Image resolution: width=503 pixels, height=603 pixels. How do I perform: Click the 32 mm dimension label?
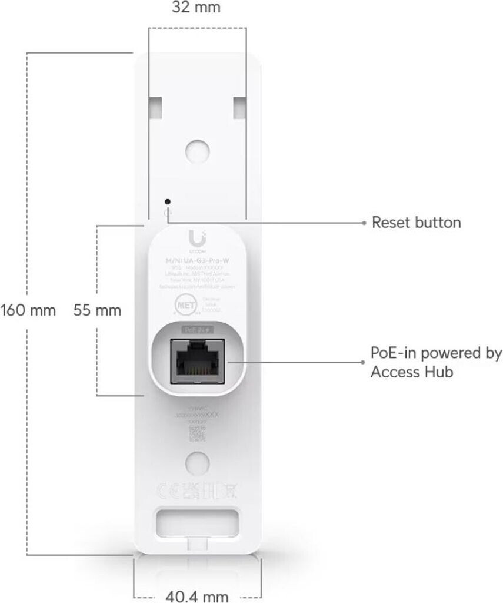[196, 8]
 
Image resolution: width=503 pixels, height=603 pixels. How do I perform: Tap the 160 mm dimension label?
[28, 310]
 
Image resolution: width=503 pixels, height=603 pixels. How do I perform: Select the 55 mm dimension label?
[97, 310]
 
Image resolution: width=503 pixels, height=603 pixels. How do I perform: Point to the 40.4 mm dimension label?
[196, 596]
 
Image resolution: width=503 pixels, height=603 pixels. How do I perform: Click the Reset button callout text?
[417, 223]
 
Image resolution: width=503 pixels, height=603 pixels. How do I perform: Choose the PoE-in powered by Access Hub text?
[436, 363]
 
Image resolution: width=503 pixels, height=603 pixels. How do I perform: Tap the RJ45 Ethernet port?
[197, 360]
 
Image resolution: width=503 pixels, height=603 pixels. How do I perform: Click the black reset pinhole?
[169, 201]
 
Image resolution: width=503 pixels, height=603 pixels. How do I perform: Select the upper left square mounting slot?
[156, 107]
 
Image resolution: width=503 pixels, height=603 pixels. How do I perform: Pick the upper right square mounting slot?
[241, 107]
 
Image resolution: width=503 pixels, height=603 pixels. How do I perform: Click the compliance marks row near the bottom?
[197, 491]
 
